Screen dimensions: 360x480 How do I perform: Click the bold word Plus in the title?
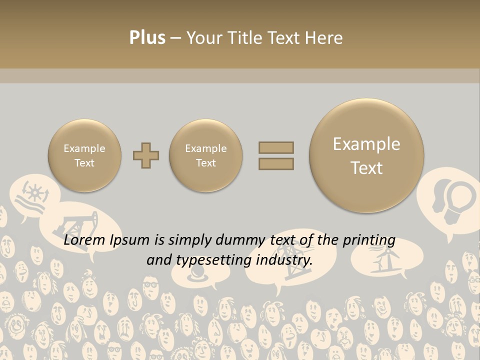[x=147, y=38]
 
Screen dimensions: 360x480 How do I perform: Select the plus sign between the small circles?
[x=146, y=155]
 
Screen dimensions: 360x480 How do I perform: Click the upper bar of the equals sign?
[x=276, y=147]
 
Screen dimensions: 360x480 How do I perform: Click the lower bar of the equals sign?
[x=276, y=163]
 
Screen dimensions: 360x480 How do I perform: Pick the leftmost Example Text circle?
[x=84, y=155]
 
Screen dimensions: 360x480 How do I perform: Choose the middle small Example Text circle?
[x=206, y=155]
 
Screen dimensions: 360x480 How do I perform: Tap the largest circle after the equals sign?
[x=366, y=155]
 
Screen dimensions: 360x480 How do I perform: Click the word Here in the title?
[x=325, y=38]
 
